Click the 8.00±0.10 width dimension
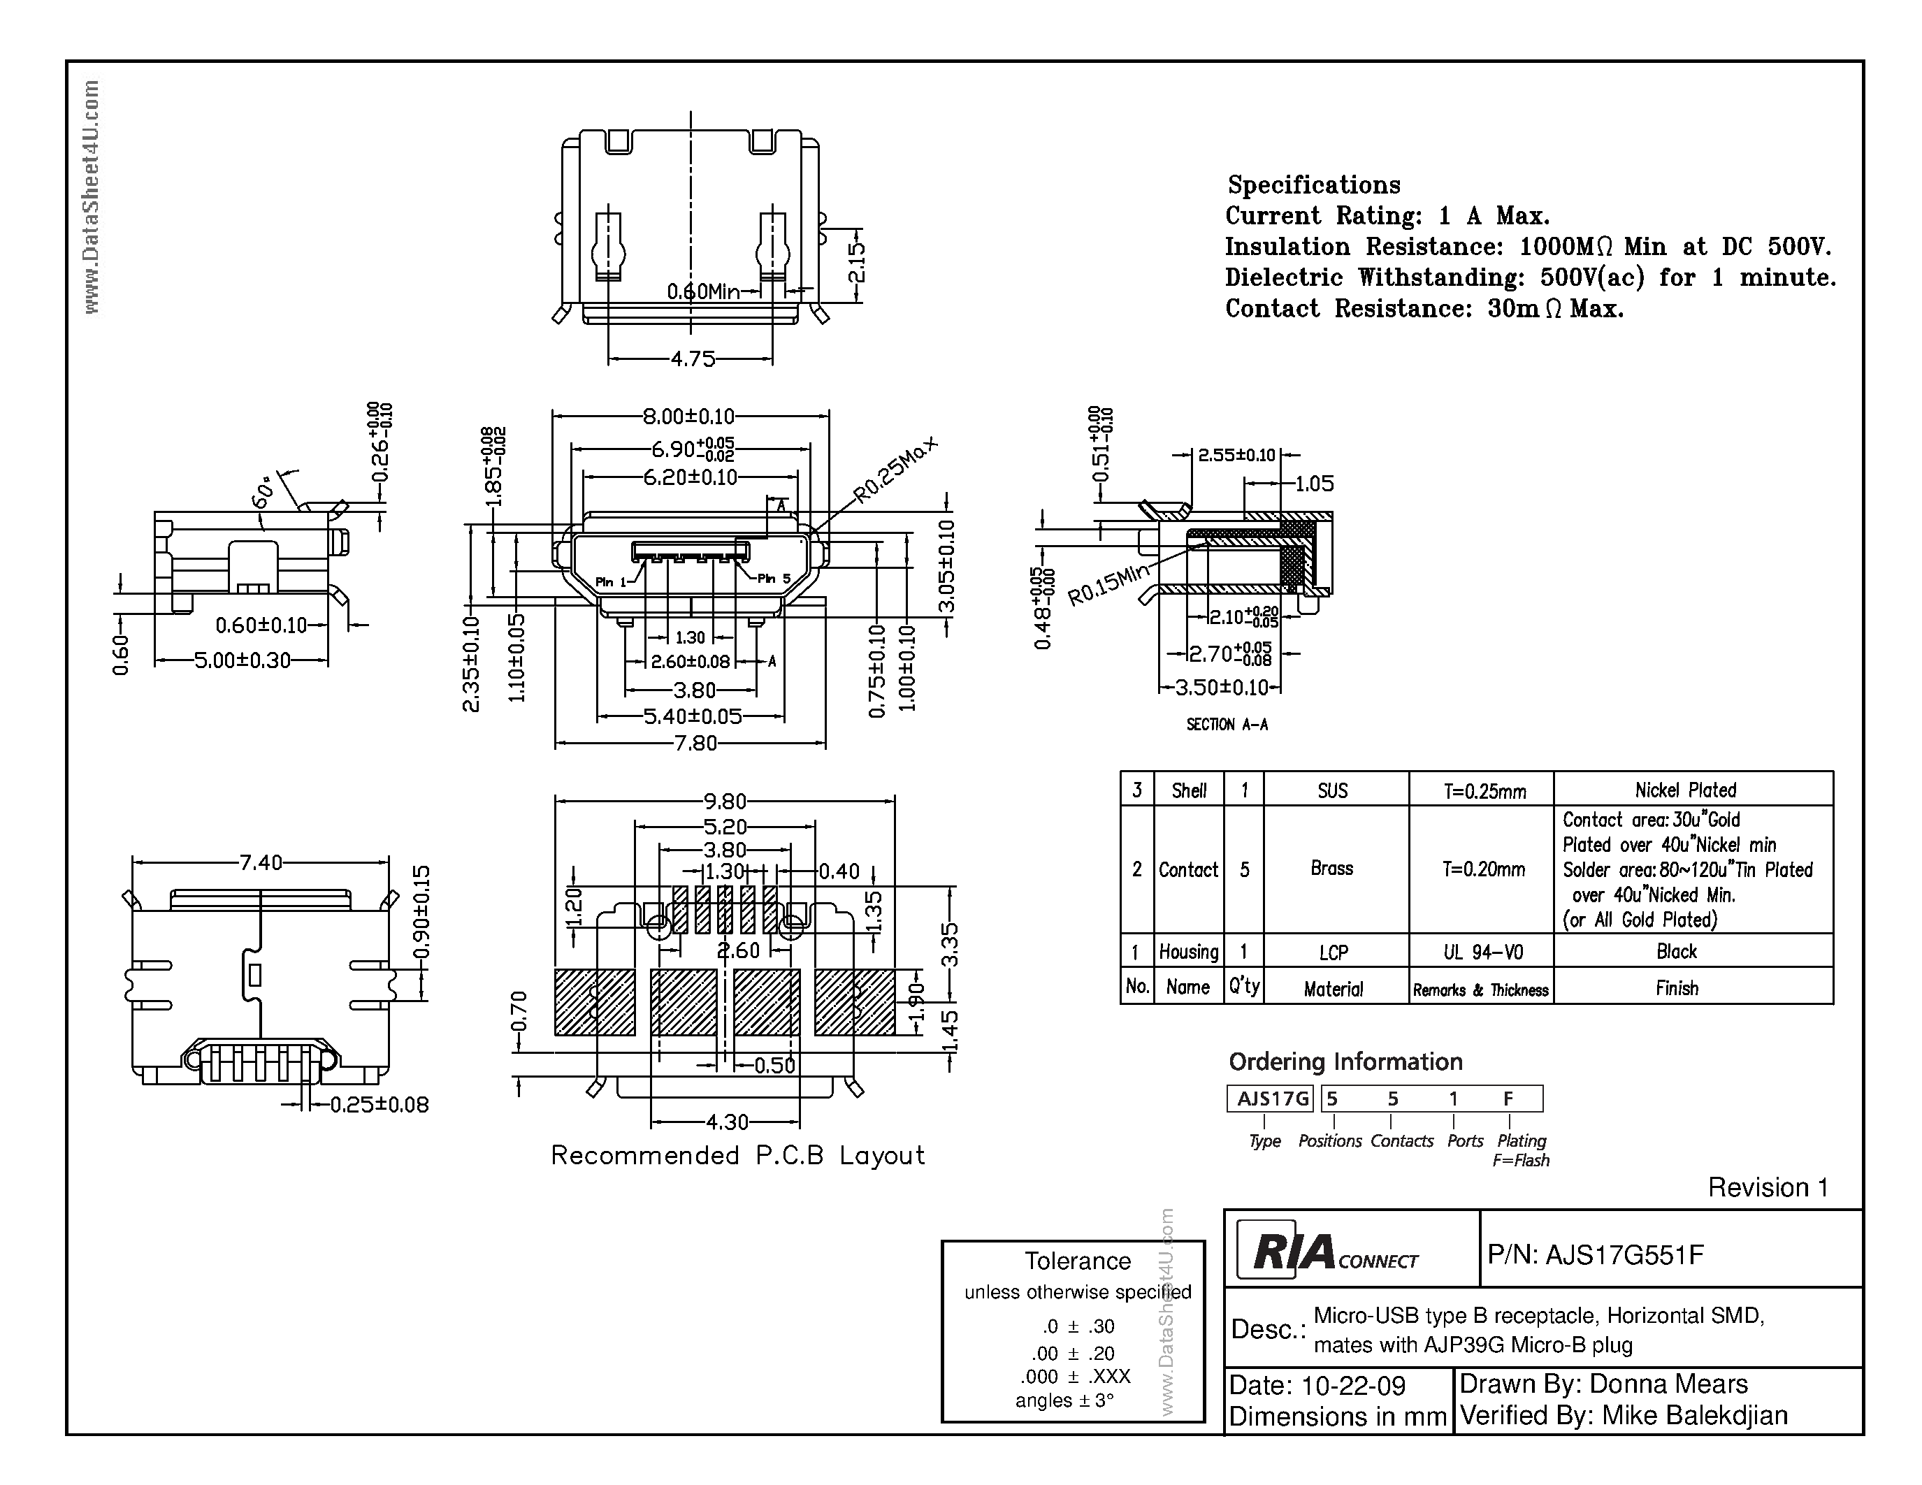pyautogui.click(x=688, y=416)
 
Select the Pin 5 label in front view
pyautogui.click(x=774, y=579)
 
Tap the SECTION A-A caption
pyautogui.click(x=1227, y=724)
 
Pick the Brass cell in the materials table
pyautogui.click(x=1331, y=869)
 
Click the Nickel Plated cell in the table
pyautogui.click(x=1685, y=790)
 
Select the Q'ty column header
pyautogui.click(x=1243, y=987)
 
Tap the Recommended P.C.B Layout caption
pyautogui.click(x=737, y=1155)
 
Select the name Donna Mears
pyautogui.click(x=1668, y=1384)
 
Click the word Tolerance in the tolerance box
pyautogui.click(x=1077, y=1261)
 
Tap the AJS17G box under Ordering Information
pyautogui.click(x=1269, y=1099)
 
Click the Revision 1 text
pyautogui.click(x=1767, y=1187)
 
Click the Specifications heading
pyautogui.click(x=1313, y=184)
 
